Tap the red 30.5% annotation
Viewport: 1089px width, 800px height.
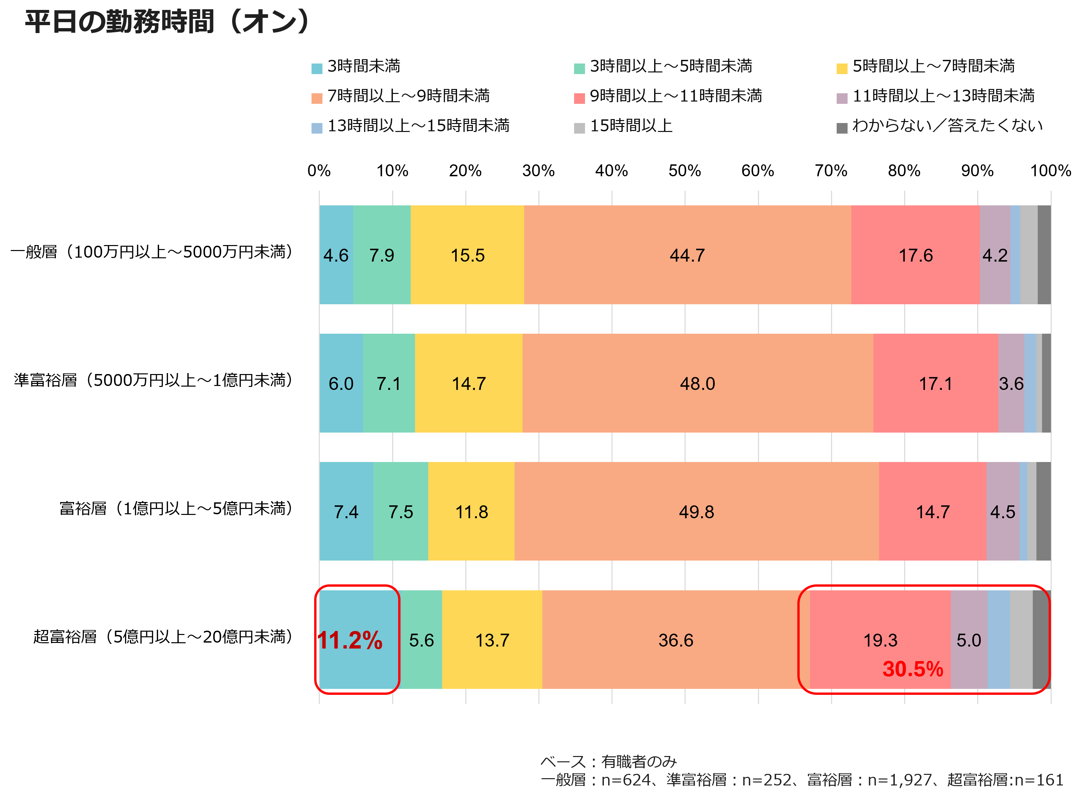(x=913, y=669)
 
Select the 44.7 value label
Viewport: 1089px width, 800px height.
(x=687, y=255)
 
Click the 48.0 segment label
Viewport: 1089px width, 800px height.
(x=697, y=384)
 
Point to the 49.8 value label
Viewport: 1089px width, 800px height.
(x=696, y=512)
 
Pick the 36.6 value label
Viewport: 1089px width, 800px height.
(x=676, y=640)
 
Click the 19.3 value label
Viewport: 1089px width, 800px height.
(x=880, y=640)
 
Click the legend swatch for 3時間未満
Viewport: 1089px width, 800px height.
(x=317, y=68)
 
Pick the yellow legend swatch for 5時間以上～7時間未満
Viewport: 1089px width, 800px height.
(x=842, y=68)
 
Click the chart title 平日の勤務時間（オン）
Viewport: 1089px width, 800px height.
(x=167, y=22)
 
